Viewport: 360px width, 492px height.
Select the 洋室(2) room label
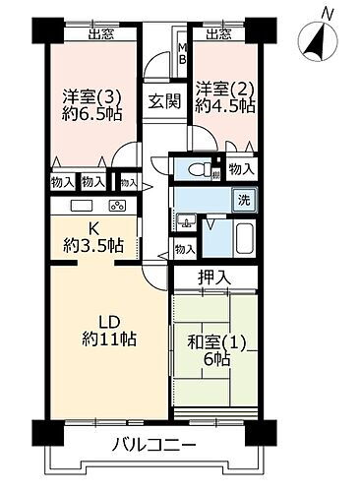(217, 87)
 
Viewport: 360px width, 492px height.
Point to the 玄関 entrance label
(163, 100)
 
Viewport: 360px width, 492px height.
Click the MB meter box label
(181, 52)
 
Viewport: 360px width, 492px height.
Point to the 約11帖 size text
(109, 339)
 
